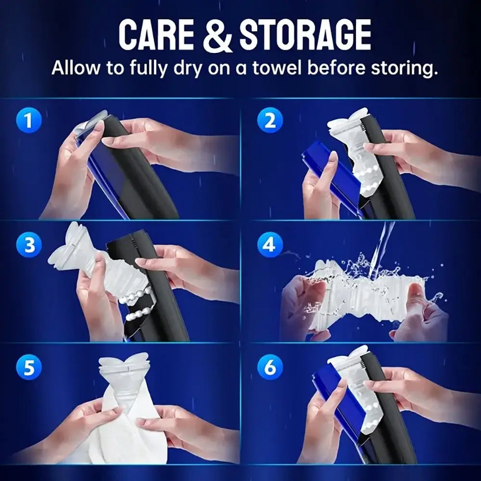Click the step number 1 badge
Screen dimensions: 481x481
click(x=29, y=120)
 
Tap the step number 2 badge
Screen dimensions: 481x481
click(x=270, y=120)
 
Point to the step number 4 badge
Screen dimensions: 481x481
click(x=270, y=246)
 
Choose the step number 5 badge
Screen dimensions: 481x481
click(x=29, y=368)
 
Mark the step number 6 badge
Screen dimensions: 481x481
click(x=270, y=369)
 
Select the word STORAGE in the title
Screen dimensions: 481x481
click(x=305, y=35)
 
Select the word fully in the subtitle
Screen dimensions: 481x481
click(x=143, y=68)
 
